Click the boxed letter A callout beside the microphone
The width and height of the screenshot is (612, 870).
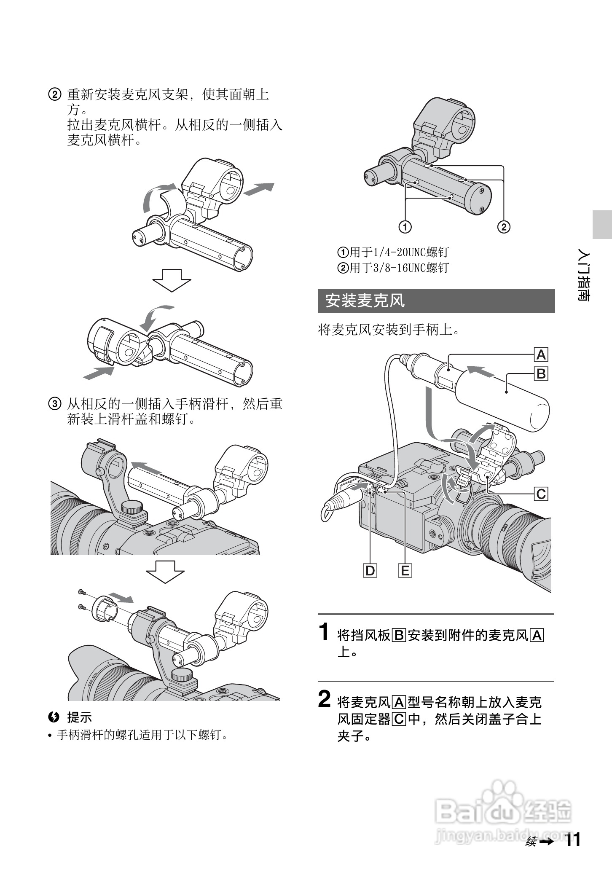(x=541, y=355)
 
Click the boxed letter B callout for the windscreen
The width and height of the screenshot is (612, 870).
(x=541, y=373)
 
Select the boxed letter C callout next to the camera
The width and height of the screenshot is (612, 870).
(x=541, y=494)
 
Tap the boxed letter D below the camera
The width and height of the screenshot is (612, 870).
(x=370, y=571)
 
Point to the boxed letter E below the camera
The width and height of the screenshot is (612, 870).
(x=405, y=571)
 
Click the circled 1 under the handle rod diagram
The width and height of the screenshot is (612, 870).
(x=405, y=227)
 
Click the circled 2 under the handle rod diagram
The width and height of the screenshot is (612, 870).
(x=504, y=227)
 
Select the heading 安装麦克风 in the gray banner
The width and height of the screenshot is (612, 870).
(x=365, y=301)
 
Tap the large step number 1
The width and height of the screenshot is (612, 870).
(x=324, y=632)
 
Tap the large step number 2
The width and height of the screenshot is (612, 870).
(x=325, y=699)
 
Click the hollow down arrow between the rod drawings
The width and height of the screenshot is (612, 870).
(x=172, y=280)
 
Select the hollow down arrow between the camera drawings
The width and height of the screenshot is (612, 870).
(x=165, y=572)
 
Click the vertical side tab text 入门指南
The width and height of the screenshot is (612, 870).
(x=584, y=277)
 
